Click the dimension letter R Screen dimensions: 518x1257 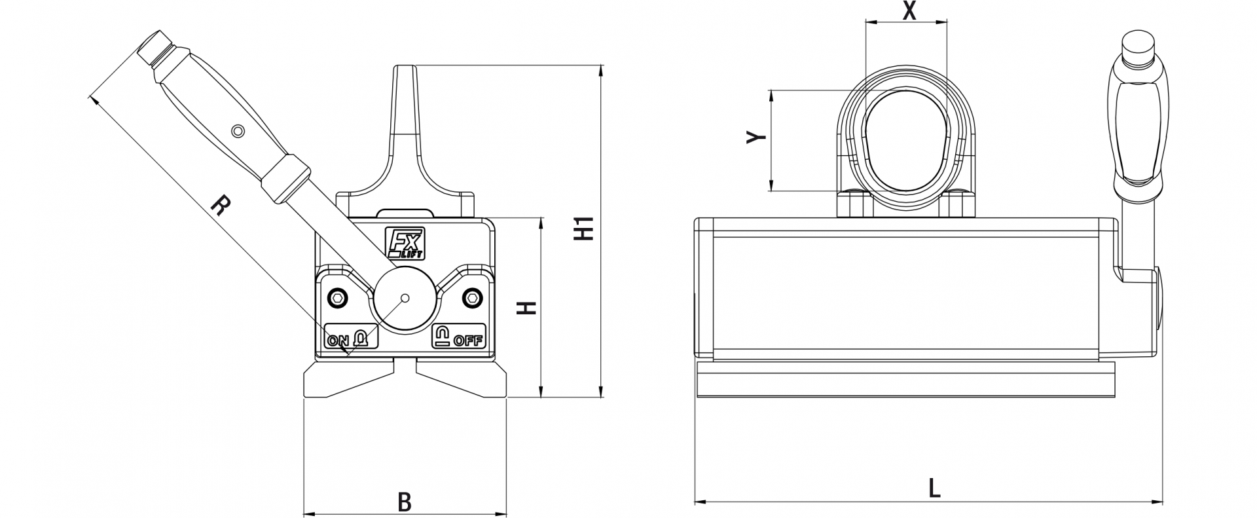tap(220, 206)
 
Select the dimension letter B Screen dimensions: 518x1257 tap(405, 502)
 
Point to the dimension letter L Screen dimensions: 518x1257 tap(934, 488)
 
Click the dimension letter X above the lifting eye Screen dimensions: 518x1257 tap(909, 11)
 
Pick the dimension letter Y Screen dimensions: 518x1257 tap(757, 137)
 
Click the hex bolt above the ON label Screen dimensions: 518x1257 tap(338, 297)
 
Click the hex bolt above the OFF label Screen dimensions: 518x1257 tap(471, 298)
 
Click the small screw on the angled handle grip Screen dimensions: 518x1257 tap(239, 132)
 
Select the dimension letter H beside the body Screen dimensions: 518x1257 tap(528, 308)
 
